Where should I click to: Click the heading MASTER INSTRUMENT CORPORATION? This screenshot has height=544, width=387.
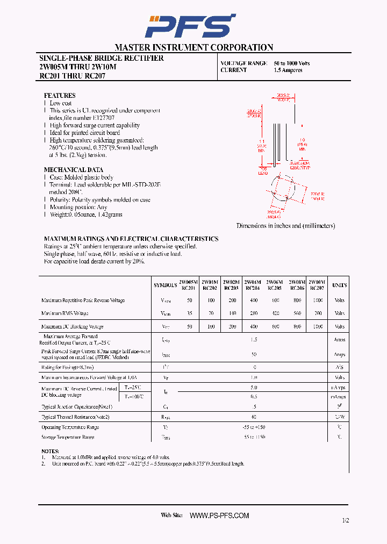(193, 47)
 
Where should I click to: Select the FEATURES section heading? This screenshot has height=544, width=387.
(59, 95)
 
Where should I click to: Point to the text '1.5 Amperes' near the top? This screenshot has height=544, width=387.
(288, 70)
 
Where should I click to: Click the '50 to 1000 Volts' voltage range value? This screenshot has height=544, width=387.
(292, 63)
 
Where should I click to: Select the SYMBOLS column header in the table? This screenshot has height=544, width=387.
(165, 285)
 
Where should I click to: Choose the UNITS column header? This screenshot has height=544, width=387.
(339, 285)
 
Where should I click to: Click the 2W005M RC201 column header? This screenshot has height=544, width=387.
(188, 284)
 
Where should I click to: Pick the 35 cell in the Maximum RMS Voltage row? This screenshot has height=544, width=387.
(189, 313)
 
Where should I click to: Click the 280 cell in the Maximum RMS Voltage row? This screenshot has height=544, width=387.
(253, 313)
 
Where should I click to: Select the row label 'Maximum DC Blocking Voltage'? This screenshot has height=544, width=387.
(72, 326)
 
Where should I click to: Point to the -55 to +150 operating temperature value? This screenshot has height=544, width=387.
(254, 427)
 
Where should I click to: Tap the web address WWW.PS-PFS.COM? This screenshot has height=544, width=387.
(220, 516)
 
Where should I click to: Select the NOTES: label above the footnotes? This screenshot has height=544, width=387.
(50, 451)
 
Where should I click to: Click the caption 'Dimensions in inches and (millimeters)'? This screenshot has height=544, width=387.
(285, 226)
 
